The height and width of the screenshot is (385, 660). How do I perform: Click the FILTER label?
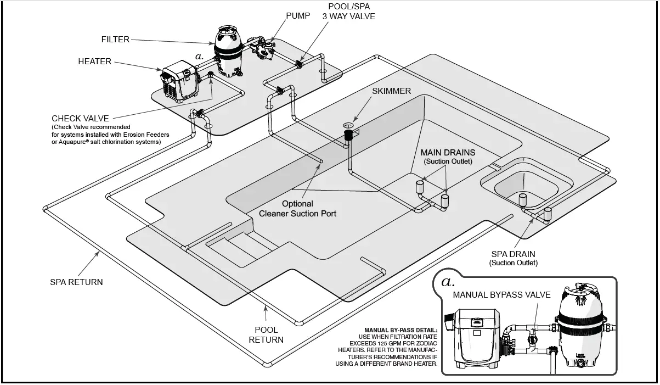115,40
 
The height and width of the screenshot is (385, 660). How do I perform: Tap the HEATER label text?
94,62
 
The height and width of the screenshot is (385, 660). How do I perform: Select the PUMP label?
298,15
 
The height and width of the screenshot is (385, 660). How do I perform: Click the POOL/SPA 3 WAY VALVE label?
352,12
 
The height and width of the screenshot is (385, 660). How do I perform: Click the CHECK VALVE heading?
80,118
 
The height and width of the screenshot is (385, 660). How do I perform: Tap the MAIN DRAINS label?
448,152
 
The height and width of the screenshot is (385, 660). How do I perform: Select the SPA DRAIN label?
513,254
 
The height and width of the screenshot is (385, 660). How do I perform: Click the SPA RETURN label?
76,282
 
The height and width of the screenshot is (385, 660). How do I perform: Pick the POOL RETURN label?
266,334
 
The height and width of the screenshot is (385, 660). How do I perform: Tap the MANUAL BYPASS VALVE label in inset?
501,295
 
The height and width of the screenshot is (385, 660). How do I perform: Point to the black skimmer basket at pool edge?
347,135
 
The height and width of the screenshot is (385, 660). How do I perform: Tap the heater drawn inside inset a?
477,338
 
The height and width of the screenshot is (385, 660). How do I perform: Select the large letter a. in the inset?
448,282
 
